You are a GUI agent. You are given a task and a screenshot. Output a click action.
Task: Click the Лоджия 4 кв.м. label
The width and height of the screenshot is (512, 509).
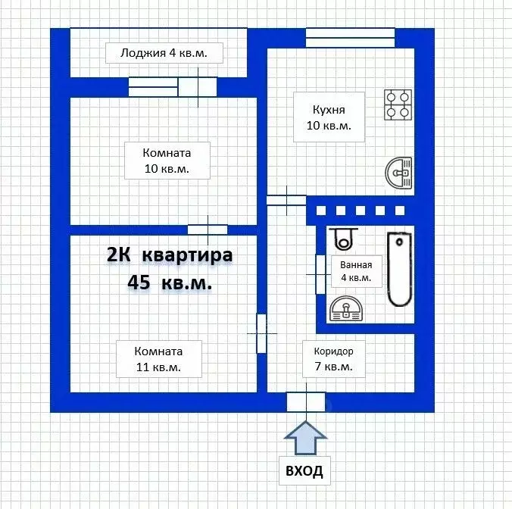coord(164,53)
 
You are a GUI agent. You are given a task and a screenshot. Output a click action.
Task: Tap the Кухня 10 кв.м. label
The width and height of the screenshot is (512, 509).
coord(329,117)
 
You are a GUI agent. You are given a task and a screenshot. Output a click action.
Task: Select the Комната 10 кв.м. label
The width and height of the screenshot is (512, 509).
coord(167,161)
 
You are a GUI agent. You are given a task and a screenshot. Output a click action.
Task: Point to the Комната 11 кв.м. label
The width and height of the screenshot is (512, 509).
coord(159,359)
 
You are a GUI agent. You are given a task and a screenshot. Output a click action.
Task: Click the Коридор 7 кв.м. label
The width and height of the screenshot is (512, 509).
coord(334,359)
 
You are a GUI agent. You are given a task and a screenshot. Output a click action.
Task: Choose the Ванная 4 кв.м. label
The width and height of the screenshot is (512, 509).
coord(357,271)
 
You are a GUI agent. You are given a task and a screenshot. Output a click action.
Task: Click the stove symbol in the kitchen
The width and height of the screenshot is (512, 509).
coord(398,105)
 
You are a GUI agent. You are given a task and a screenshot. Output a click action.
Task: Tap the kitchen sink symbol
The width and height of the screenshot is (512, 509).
coord(398,173)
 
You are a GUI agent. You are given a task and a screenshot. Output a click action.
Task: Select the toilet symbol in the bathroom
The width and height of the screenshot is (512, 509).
coord(343,239)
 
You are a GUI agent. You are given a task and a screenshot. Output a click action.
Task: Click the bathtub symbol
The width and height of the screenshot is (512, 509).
coord(399,269)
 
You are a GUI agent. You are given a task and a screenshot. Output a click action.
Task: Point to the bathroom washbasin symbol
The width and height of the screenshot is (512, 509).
coord(346,308)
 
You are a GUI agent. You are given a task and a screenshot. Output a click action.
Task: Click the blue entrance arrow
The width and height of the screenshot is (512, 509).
coord(305,438)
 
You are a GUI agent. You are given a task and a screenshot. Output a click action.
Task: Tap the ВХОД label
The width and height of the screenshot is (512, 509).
coord(304,471)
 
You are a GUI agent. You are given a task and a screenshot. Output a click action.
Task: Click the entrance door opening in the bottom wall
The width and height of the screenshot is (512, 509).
coord(306,402)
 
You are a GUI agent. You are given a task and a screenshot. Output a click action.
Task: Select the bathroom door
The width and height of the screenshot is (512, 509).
coord(320,275)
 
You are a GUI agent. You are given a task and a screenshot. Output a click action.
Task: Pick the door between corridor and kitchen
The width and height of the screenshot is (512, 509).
coord(286,200)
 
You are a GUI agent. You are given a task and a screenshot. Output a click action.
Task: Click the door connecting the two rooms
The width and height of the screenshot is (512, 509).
coord(208,230)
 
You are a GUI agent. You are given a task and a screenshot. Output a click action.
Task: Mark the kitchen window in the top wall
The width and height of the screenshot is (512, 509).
coord(351,38)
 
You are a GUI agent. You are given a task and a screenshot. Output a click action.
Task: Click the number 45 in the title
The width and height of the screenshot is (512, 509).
coord(139,282)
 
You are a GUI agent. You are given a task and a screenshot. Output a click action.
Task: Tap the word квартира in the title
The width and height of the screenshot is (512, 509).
coord(187,255)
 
